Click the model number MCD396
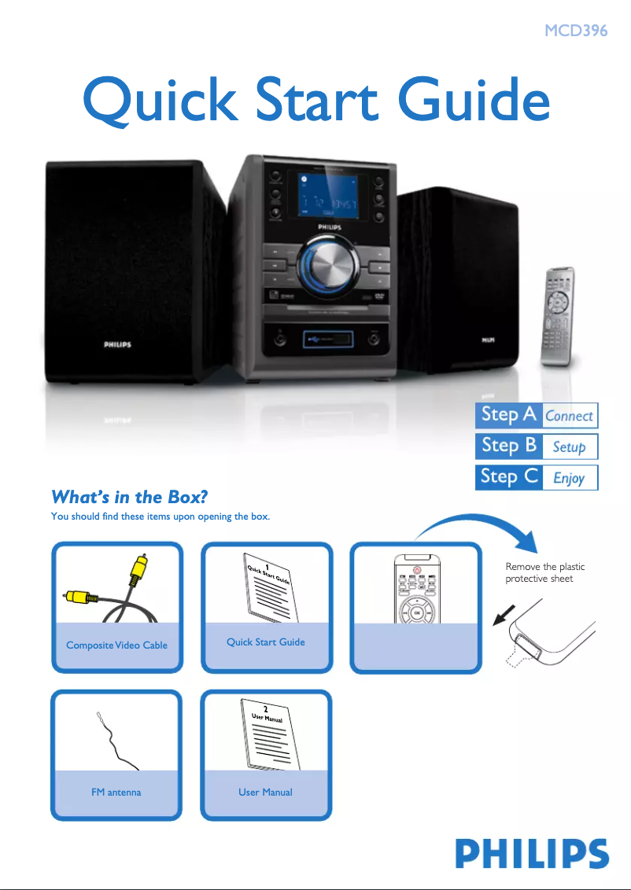pyautogui.click(x=576, y=31)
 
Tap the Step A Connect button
pyautogui.click(x=537, y=415)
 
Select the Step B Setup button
pyautogui.click(x=537, y=447)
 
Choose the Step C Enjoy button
pyautogui.click(x=537, y=477)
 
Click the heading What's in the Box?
pyautogui.click(x=129, y=497)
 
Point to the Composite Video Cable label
pyautogui.click(x=116, y=645)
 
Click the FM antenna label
pyautogui.click(x=116, y=793)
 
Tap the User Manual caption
pyautogui.click(x=265, y=793)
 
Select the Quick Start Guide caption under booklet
pyautogui.click(x=265, y=642)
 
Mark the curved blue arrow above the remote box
pyautogui.click(x=480, y=525)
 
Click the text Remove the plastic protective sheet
pyautogui.click(x=544, y=572)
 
